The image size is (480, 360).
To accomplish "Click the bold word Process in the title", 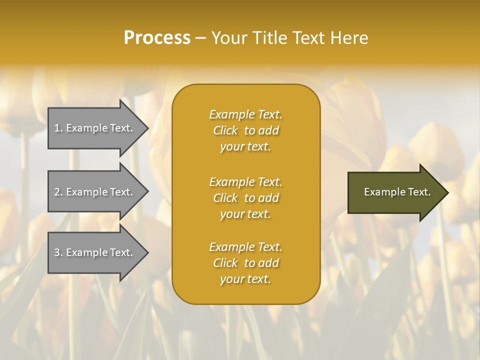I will click(157, 38).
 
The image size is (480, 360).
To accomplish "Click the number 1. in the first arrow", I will click(58, 128).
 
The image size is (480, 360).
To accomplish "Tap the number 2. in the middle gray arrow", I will click(58, 192).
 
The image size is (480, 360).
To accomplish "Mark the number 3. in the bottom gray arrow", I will click(58, 252).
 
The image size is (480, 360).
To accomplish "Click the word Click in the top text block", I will click(225, 130).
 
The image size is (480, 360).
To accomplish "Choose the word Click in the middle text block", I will click(225, 198).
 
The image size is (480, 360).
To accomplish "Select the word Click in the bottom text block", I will click(225, 263).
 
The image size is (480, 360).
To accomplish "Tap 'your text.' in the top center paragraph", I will click(245, 146).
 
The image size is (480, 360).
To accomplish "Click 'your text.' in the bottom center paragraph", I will click(245, 279).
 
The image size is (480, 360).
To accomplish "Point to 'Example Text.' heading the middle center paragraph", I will click(245, 182).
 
